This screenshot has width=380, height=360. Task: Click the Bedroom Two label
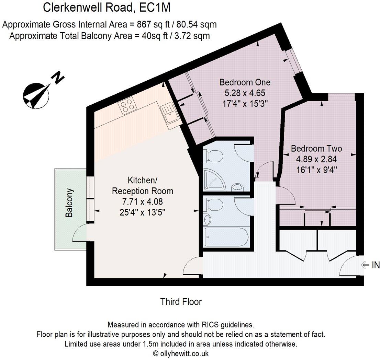pyautogui.click(x=316, y=149)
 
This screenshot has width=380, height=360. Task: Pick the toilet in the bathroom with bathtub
pyautogui.click(x=213, y=205)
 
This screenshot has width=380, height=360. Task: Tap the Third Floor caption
pyautogui.click(x=181, y=302)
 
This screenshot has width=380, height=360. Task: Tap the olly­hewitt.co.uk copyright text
pyautogui.click(x=181, y=353)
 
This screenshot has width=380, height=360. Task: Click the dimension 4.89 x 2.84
pyautogui.click(x=316, y=159)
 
